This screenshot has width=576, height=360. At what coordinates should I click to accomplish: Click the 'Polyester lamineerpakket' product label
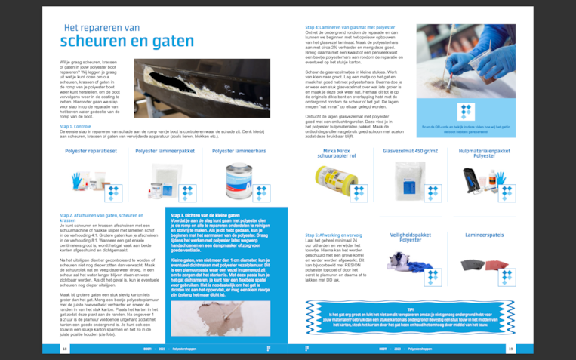pos(165,150)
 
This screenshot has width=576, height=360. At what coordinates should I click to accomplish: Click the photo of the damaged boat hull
pos(202,88)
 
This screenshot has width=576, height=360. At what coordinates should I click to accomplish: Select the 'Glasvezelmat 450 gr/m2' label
pos(410,150)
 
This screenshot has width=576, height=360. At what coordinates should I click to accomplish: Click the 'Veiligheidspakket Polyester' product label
pos(408,239)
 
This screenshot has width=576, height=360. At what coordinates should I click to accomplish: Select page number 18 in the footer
pos(65,349)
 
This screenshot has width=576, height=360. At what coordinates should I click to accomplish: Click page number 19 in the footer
pos(511,349)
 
